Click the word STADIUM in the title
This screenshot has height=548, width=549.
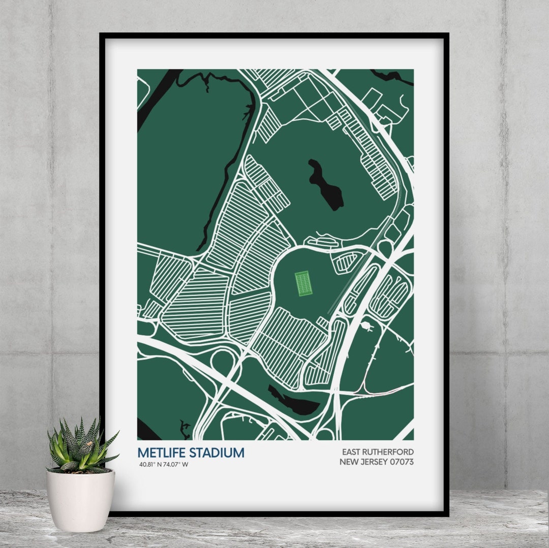pos(215,453)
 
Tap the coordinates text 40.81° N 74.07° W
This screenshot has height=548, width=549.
pos(164,464)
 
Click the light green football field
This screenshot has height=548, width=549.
pos(303,283)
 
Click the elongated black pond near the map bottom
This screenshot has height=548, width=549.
pos(293,400)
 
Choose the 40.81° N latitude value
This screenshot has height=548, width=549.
pos(151,464)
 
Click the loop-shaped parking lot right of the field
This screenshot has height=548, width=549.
pos(346,261)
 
